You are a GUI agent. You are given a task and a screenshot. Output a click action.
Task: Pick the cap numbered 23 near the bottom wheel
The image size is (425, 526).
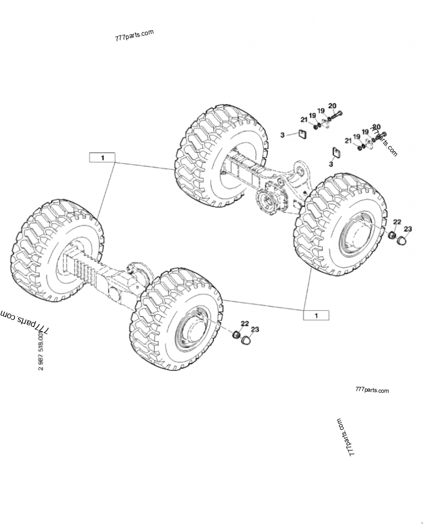tap(245, 340)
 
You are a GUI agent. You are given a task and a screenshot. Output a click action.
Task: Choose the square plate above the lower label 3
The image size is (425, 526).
tap(335, 152)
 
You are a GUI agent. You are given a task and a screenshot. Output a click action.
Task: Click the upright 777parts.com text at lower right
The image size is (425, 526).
tap(370, 391)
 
